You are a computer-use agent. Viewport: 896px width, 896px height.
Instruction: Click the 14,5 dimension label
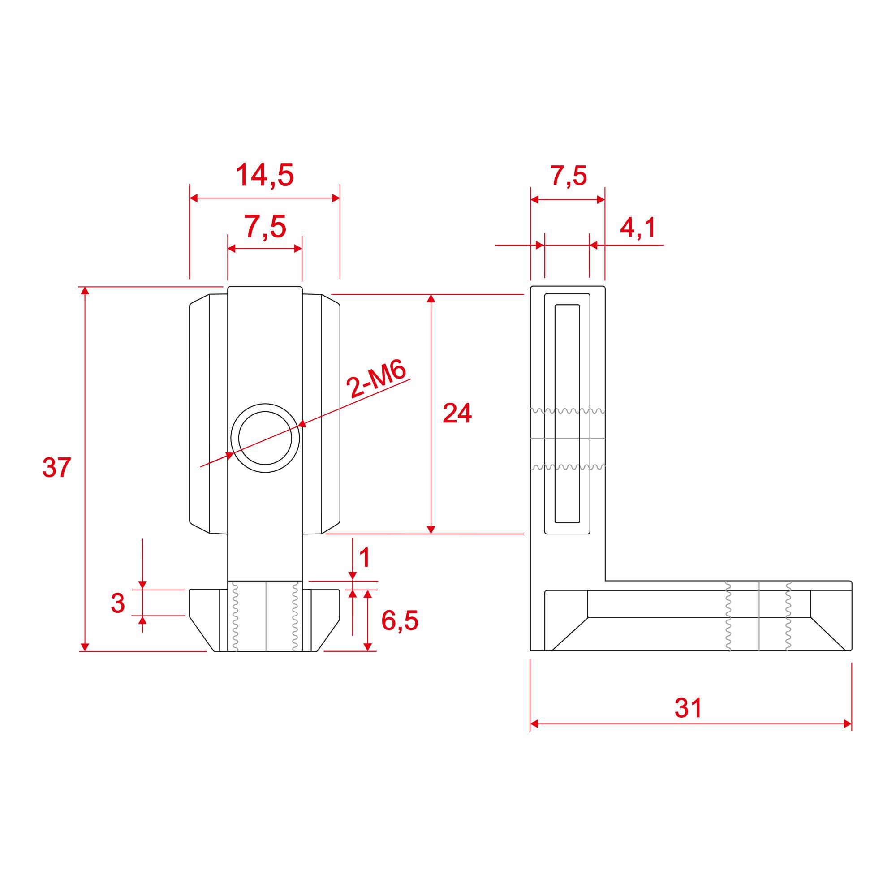tap(265, 175)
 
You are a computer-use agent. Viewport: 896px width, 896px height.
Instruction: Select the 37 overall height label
tap(56, 467)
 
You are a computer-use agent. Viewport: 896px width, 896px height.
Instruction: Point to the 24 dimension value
tap(457, 413)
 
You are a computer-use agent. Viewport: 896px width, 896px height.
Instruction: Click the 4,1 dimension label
tap(638, 228)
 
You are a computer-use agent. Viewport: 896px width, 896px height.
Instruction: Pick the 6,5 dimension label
tap(399, 620)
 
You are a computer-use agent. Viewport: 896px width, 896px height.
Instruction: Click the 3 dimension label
tap(118, 603)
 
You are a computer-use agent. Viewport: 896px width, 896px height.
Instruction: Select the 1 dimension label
tap(365, 557)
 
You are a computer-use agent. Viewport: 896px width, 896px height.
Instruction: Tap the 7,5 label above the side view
tap(568, 176)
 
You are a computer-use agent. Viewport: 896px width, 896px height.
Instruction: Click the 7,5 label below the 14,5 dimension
tap(265, 227)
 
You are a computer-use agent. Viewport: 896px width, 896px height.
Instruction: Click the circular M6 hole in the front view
tap(265, 438)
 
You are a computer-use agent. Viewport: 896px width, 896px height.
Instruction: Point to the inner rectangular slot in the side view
tap(567, 414)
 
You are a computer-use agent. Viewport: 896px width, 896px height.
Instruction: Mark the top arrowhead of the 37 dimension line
tap(84, 291)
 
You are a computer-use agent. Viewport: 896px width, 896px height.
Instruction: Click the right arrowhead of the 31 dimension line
tap(847, 724)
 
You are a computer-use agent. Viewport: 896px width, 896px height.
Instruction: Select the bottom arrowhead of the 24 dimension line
tap(431, 530)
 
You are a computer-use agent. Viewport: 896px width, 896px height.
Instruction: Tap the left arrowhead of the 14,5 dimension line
tap(194, 198)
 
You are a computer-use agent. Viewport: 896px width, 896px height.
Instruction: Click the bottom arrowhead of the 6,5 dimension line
tap(368, 647)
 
